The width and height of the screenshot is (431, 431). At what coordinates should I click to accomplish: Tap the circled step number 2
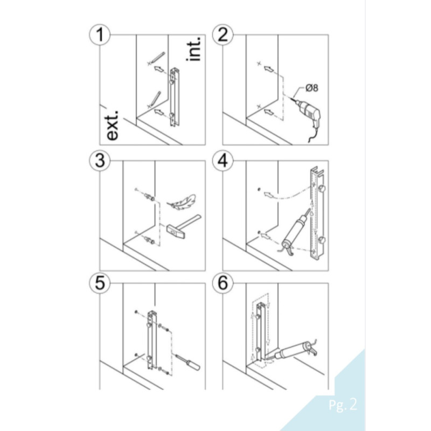point(221,36)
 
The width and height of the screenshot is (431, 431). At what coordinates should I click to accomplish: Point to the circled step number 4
point(221,160)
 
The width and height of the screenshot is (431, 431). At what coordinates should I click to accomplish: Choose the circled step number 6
point(221,284)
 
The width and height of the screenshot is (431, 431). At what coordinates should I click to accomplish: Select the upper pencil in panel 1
point(157,57)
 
